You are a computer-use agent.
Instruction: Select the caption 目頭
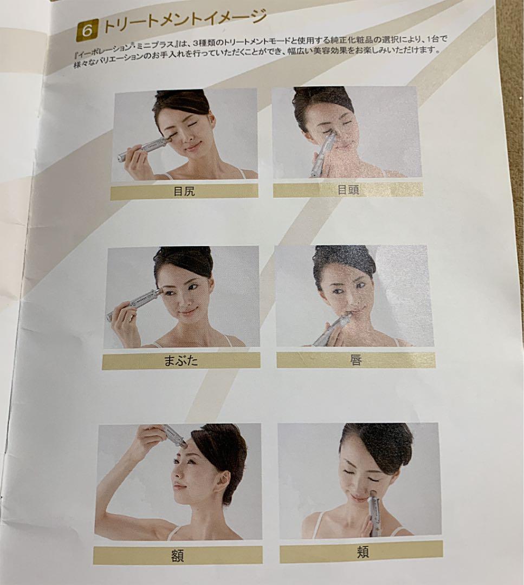coord(347,190)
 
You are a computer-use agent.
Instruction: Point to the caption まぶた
coord(180,361)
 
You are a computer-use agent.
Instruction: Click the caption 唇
coord(355,360)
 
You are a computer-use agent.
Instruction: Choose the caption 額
coord(177,555)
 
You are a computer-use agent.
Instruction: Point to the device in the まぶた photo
coord(135,303)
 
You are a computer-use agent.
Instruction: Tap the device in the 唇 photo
coord(331,331)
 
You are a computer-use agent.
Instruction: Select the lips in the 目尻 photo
coord(192,146)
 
